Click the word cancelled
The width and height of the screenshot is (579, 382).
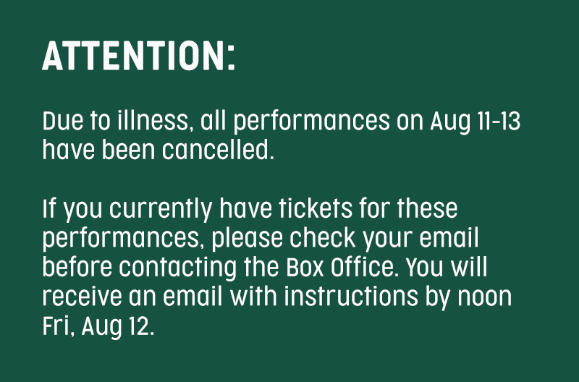[218, 150]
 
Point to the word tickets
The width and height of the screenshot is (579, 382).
[316, 208]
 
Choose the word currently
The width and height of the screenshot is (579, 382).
[161, 210]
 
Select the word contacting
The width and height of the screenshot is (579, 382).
[177, 268]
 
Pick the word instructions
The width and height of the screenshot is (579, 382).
[351, 297]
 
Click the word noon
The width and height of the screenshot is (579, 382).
[484, 298]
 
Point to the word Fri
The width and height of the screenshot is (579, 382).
[56, 326]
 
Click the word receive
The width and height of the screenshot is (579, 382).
[82, 297]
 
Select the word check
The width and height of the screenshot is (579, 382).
[322, 238]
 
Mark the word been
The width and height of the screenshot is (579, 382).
[128, 150]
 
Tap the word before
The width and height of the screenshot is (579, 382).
[77, 267]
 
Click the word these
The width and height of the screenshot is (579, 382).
[427, 208]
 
